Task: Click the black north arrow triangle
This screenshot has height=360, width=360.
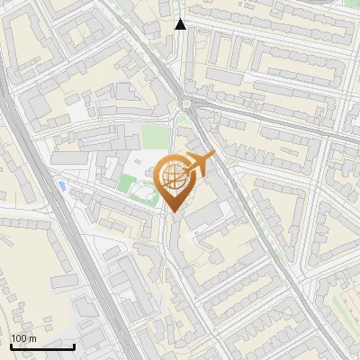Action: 181,24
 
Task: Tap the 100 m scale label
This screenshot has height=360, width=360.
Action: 23,338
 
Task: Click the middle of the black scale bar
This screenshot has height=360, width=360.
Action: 42,346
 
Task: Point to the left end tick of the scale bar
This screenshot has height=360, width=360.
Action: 11,346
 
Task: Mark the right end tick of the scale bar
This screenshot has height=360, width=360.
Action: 74,346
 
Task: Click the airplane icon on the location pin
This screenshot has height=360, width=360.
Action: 200,163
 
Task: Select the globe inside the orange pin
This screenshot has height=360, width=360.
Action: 174,176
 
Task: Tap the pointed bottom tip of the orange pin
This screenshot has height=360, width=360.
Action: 174,211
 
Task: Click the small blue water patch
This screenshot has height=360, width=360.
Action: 61,185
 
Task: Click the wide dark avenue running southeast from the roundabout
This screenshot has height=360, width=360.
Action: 261,225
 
